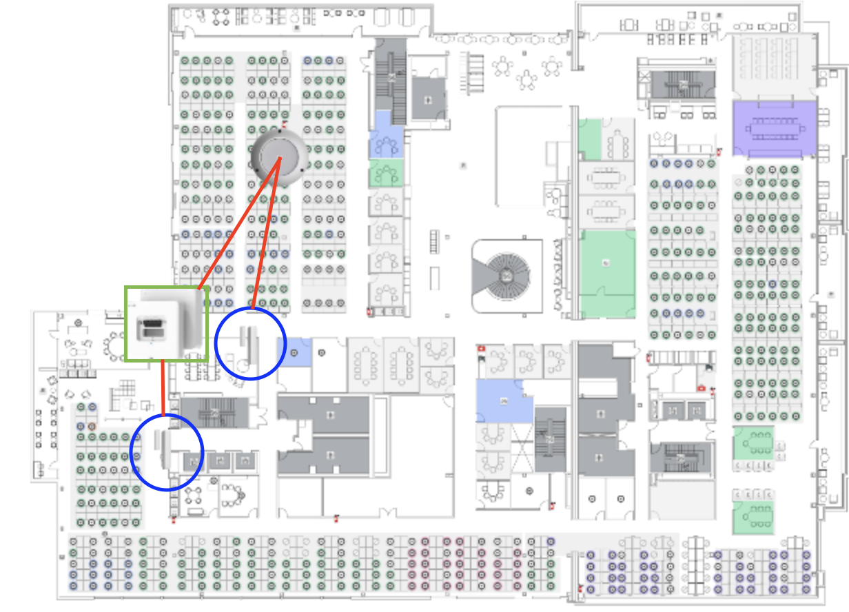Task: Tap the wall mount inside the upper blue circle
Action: point(248,341)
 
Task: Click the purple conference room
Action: point(775,129)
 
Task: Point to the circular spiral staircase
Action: point(507,276)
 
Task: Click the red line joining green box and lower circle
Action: point(163,388)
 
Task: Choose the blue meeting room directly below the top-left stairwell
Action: point(386,142)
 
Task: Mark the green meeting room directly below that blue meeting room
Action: point(386,173)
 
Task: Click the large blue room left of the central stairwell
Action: point(504,401)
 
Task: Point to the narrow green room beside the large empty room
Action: point(590,138)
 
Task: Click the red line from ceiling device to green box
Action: point(238,223)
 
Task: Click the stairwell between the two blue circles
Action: point(214,413)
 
